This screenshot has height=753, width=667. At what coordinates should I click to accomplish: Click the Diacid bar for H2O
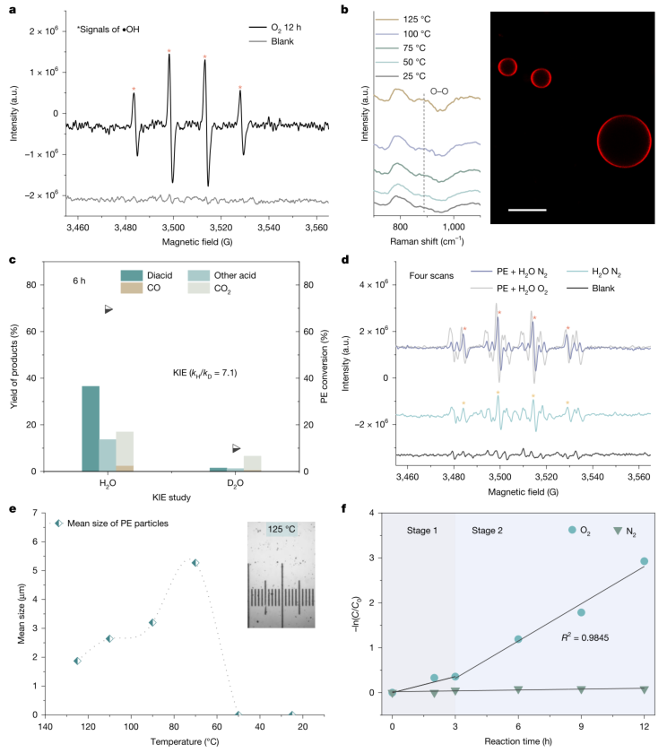pos(91,428)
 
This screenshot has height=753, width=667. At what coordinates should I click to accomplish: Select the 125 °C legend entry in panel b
pos(403,19)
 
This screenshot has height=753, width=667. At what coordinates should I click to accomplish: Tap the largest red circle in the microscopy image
pos(624,142)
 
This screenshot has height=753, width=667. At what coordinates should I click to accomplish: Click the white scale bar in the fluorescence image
pos(527,210)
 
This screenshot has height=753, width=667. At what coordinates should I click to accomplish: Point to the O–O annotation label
pos(439,91)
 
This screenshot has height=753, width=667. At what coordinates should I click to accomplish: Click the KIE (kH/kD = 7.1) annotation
pos(205,373)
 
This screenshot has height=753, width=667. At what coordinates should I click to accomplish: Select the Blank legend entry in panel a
pos(272,41)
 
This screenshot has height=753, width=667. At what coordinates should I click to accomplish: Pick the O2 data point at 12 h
pos(644,561)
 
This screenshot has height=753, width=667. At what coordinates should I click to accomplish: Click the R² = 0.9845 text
pos(585,637)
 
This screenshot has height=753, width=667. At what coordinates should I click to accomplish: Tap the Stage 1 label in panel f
pos(422,530)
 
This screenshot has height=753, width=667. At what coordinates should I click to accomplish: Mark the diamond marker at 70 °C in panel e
pos(195,563)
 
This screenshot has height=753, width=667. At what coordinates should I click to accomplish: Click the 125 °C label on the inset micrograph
pos(282,529)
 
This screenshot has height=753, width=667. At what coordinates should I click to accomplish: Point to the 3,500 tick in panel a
pos(173,227)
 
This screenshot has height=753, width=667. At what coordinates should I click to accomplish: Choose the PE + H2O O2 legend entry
pos(508,289)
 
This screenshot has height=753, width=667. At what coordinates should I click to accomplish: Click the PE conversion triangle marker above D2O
pos(236,448)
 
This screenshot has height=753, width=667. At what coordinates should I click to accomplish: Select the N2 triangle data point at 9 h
pos(581,689)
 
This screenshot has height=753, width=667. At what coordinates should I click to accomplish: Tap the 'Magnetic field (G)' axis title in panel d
pos(523,492)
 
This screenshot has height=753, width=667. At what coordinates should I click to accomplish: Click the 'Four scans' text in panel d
pos(431,276)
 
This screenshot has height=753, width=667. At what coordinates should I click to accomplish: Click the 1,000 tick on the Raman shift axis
pos(454,227)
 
